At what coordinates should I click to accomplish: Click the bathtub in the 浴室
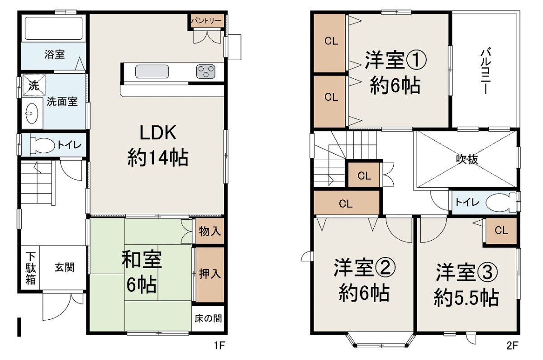point(53,28)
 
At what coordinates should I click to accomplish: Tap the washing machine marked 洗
point(34,85)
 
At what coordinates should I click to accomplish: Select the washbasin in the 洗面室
point(32,113)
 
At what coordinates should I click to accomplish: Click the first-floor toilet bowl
point(43,145)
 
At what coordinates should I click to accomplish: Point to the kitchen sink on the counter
point(152,71)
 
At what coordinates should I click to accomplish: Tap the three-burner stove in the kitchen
point(205,71)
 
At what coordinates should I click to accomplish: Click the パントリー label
point(206,21)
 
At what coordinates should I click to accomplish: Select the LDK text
point(158,133)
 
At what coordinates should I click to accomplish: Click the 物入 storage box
point(210,231)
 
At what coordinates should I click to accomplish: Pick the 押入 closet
point(210,275)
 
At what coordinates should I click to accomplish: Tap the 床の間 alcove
point(208,318)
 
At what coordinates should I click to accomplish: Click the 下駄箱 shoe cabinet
point(31,267)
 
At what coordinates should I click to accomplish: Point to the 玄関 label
point(64,267)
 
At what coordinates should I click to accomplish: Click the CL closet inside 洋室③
point(501,231)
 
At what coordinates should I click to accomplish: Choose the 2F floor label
point(512,346)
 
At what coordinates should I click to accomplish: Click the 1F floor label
point(219,346)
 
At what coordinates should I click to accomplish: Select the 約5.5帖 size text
point(466,298)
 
